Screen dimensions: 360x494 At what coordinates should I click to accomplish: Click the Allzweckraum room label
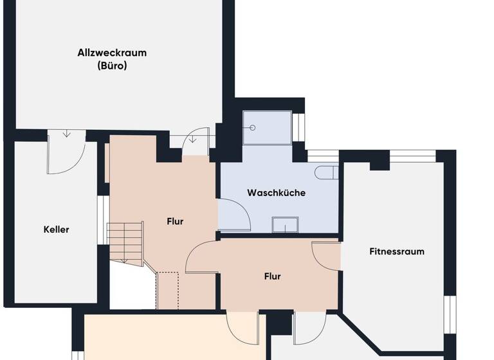pyautogui.click(x=111, y=53)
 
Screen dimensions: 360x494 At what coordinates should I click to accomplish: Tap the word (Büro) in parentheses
pyautogui.click(x=111, y=65)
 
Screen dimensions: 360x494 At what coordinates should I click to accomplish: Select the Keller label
pyautogui.click(x=56, y=230)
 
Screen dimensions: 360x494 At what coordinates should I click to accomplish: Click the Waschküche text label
pyautogui.click(x=276, y=193)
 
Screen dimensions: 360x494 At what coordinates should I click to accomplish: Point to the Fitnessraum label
pyautogui.click(x=397, y=251)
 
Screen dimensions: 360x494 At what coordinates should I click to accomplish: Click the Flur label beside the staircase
pyautogui.click(x=175, y=221)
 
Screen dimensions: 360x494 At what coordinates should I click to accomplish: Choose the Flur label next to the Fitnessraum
pyautogui.click(x=272, y=276)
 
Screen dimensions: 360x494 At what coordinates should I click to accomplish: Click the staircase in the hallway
pyautogui.click(x=125, y=242)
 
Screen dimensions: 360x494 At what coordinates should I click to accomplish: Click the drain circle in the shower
pyautogui.click(x=253, y=127)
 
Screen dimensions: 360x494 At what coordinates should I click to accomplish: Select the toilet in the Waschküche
pyautogui.click(x=326, y=172)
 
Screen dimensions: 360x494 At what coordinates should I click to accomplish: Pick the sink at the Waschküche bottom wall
pyautogui.click(x=285, y=224)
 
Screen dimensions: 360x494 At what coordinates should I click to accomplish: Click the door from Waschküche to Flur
pyautogui.click(x=233, y=215)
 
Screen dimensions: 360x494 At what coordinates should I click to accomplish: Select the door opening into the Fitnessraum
pyautogui.click(x=326, y=255)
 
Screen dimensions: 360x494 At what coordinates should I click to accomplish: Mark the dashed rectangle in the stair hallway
pyautogui.click(x=168, y=289)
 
